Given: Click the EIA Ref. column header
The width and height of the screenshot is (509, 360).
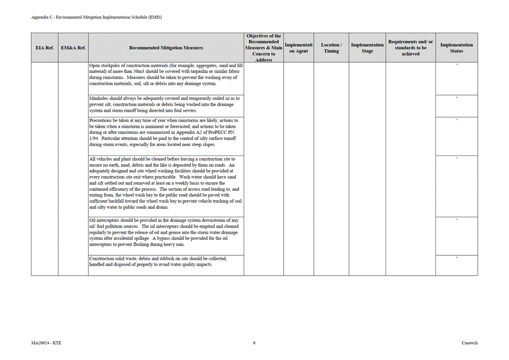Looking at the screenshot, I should tap(44, 48).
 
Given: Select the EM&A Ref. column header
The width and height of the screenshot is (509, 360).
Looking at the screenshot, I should tap(73, 48).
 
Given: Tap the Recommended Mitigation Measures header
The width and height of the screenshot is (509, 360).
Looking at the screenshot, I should tap(166, 48).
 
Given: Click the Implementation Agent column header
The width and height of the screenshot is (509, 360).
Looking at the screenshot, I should tap(299, 48).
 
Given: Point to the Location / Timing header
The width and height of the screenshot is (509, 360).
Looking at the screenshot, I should tap(331, 48).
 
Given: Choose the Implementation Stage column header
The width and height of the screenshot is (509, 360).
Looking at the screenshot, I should tap(367, 48).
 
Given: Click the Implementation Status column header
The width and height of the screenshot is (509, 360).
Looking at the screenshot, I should tap(456, 48).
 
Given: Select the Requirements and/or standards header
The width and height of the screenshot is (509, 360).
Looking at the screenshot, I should tap(411, 48).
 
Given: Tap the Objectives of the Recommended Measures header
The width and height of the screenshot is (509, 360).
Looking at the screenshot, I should tap(264, 48).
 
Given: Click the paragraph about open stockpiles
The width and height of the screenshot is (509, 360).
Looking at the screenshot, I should tap(166, 74).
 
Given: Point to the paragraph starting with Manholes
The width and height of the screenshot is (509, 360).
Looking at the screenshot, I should tap(164, 104).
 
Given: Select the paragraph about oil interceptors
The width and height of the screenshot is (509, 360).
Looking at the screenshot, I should tap(164, 232).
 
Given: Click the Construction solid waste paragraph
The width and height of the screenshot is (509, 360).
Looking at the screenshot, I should tap(158, 262).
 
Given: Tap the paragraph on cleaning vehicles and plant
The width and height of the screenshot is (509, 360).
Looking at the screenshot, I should tap(166, 183).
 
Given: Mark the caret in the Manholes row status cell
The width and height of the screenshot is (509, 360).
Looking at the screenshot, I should tap(456, 97).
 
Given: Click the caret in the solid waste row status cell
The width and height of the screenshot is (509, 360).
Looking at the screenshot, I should tap(456, 258).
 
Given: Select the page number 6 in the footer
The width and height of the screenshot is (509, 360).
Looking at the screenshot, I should tap(254, 343).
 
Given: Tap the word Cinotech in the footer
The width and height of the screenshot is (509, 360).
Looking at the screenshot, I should tap(470, 343).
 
